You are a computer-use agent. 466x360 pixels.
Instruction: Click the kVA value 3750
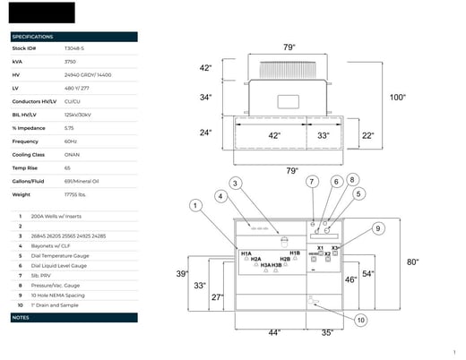(x=71, y=62)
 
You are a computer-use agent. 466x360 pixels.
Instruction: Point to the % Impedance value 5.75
(x=68, y=129)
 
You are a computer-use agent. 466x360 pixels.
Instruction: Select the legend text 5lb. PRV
(x=43, y=276)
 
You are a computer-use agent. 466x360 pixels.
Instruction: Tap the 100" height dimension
(x=397, y=97)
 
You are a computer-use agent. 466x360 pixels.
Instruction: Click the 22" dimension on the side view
(x=367, y=135)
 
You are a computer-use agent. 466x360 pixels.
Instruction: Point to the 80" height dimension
(x=413, y=262)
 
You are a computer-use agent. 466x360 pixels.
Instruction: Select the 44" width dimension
(x=274, y=332)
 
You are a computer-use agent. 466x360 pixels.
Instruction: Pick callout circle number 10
(x=360, y=319)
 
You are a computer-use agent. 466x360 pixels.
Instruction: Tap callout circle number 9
(x=378, y=229)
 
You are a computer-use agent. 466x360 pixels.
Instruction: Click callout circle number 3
(x=236, y=183)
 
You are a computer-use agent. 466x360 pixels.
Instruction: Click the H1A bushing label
(x=246, y=253)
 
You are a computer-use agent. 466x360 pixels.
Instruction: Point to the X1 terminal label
(x=320, y=247)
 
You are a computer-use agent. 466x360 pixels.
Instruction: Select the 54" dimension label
(x=367, y=274)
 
